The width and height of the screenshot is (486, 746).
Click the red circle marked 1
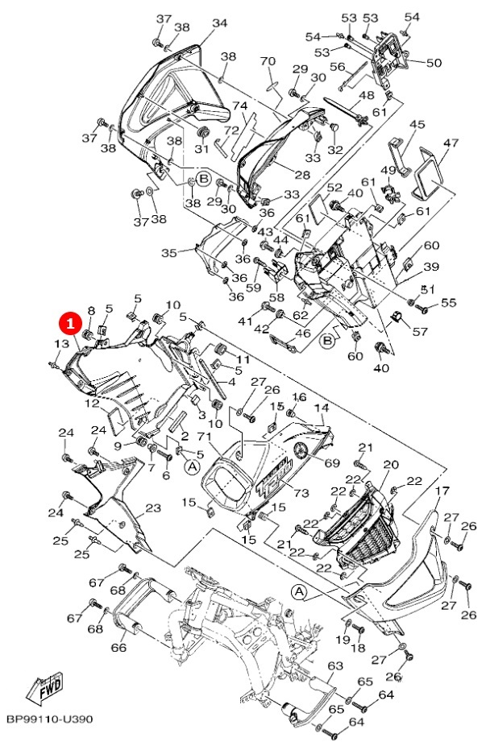69,324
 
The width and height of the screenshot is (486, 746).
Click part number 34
219,23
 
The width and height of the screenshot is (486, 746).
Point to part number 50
434,62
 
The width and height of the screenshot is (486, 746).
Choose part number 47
451,143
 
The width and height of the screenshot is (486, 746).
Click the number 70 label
268,61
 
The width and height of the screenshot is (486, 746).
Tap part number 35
169,253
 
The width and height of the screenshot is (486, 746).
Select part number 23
153,508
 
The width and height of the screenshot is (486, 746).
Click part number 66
118,647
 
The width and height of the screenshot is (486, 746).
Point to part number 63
335,665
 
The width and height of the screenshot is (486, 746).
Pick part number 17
442,490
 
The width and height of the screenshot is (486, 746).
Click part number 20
390,464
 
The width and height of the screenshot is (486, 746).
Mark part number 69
332,463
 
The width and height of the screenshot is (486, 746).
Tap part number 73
301,493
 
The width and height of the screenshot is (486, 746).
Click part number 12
93,404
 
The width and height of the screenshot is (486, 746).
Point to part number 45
417,124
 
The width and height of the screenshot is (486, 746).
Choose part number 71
204,436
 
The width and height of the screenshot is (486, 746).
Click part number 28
302,175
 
